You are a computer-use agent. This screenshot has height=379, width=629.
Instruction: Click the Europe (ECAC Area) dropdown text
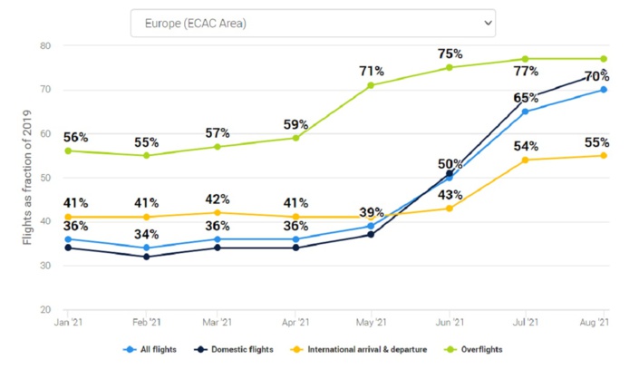(x=195, y=23)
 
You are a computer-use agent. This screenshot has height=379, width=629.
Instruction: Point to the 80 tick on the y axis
(x=45, y=45)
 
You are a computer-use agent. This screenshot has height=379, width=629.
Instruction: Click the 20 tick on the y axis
(x=45, y=310)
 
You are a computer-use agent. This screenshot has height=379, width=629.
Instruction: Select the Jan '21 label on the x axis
(x=69, y=323)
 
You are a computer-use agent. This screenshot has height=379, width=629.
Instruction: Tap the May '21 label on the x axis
(x=371, y=323)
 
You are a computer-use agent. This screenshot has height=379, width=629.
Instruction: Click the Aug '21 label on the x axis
(x=595, y=323)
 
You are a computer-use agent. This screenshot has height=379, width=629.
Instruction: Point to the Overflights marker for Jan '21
(x=69, y=151)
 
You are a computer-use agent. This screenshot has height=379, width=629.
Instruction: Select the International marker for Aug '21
(x=604, y=155)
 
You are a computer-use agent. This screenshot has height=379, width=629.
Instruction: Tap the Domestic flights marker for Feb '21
(x=144, y=257)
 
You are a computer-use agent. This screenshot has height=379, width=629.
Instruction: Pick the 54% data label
(x=523, y=146)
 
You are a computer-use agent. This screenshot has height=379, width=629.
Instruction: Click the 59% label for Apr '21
(x=296, y=123)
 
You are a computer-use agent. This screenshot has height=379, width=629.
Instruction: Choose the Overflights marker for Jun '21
(x=450, y=67)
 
